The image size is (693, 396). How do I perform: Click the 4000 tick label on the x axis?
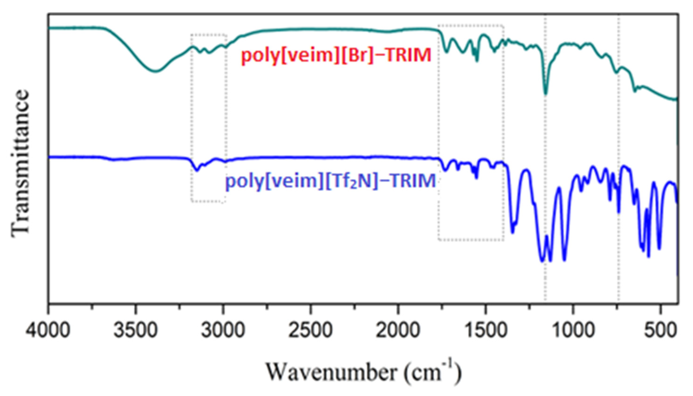coord(48,332)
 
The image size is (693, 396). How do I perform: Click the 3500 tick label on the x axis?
coord(136,332)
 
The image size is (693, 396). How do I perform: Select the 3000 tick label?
coord(223,332)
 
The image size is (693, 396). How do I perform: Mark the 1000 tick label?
coord(573,332)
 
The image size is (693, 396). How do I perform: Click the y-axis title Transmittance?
coord(20,163)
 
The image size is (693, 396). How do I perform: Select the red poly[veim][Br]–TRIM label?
coord(336,55)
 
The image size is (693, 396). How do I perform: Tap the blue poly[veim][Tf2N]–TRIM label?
coord(331,181)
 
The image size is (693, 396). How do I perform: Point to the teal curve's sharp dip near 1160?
coord(545,94)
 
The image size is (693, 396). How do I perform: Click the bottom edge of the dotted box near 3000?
coord(208,202)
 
